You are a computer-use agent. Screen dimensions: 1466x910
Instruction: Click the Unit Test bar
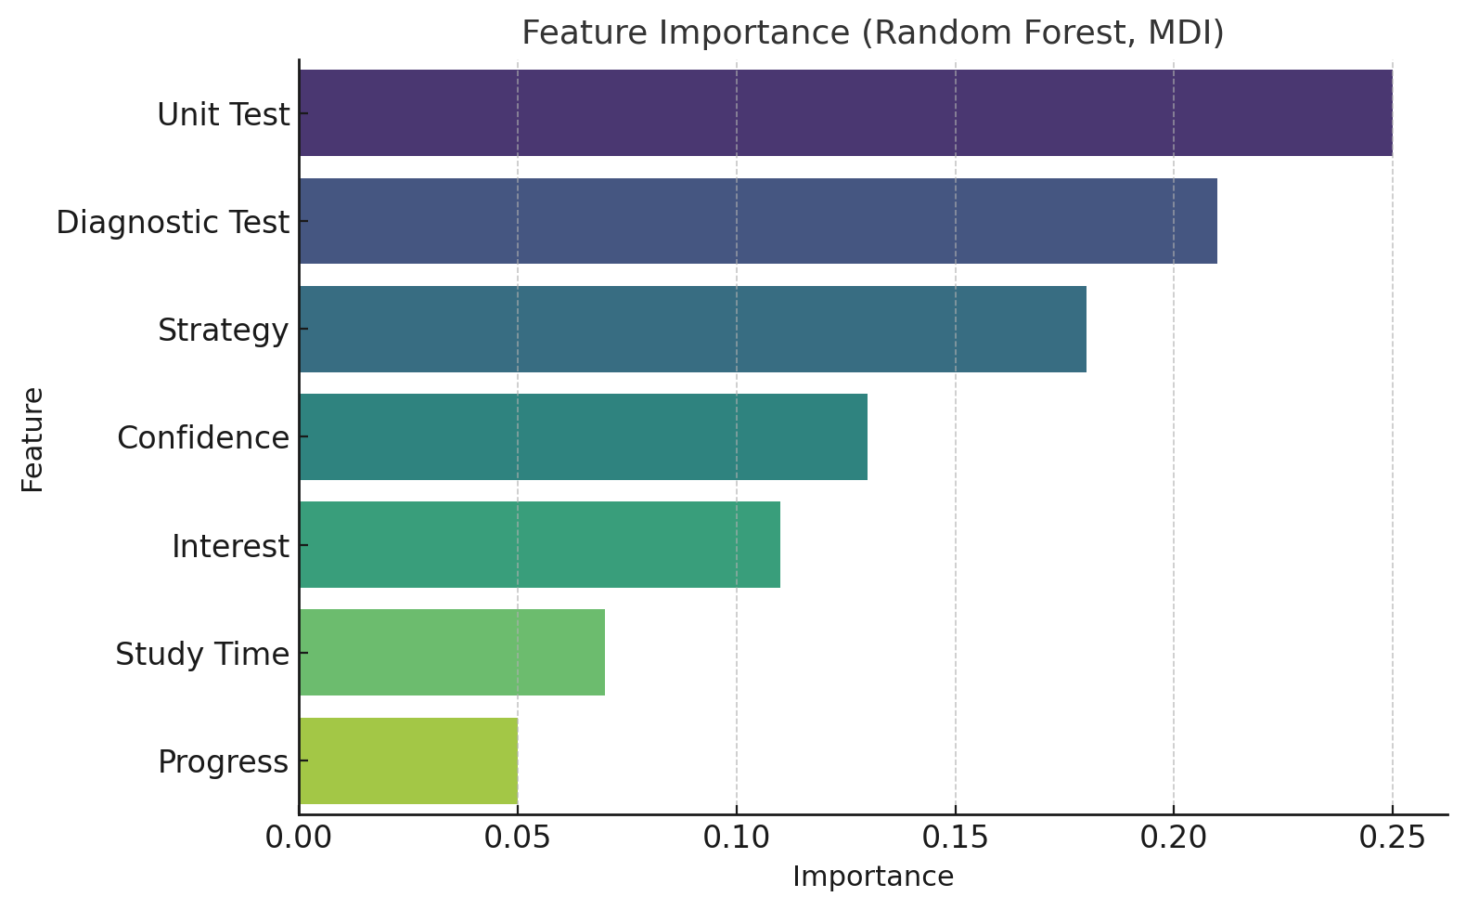coord(846,112)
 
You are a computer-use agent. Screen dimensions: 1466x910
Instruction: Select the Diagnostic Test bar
coord(759,221)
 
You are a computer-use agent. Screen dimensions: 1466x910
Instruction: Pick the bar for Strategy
coord(693,329)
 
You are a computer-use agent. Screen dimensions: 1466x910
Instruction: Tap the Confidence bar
coord(584,437)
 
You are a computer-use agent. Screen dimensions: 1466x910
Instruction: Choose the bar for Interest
coord(540,544)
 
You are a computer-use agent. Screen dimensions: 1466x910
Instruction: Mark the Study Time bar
coord(452,653)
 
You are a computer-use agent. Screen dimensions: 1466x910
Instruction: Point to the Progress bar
coord(409,760)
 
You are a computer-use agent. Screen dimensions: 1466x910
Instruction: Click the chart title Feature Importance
coord(872,32)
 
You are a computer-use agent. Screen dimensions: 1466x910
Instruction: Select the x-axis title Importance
coord(873,877)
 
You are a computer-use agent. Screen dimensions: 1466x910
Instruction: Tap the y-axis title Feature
coord(32,439)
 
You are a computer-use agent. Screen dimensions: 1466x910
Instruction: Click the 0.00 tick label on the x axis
coord(299,838)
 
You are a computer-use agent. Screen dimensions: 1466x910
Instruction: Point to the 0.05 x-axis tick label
coord(518,838)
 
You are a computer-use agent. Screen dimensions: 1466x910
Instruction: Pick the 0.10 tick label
coord(737,838)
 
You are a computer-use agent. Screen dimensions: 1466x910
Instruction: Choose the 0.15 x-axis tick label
coord(955,838)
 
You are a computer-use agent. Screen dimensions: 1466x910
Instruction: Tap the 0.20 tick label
coord(1174,838)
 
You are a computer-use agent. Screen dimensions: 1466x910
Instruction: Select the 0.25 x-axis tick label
coord(1392,838)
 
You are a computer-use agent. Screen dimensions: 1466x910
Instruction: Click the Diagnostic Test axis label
coord(173,223)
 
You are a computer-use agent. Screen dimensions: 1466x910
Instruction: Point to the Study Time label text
coord(202,655)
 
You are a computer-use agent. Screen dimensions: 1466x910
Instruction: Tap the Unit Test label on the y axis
coord(224,114)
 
